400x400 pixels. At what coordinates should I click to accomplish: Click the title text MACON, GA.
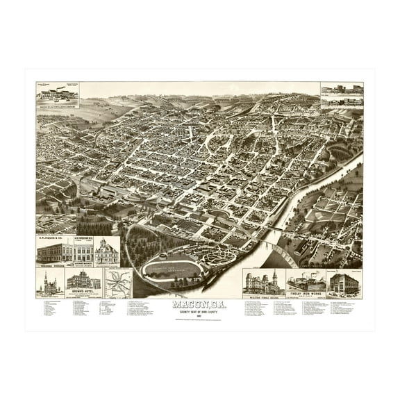click(x=200, y=303)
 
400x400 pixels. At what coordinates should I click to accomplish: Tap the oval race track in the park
click(x=172, y=268)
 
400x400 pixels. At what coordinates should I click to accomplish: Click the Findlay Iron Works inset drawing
click(x=306, y=282)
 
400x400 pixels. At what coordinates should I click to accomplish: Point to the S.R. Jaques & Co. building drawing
click(x=54, y=251)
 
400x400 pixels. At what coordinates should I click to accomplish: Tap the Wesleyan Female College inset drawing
click(x=263, y=283)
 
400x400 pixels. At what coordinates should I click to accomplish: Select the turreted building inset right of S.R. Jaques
click(x=107, y=251)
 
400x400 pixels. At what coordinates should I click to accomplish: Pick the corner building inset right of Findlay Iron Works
click(x=344, y=283)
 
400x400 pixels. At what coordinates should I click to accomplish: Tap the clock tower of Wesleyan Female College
click(x=274, y=277)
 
